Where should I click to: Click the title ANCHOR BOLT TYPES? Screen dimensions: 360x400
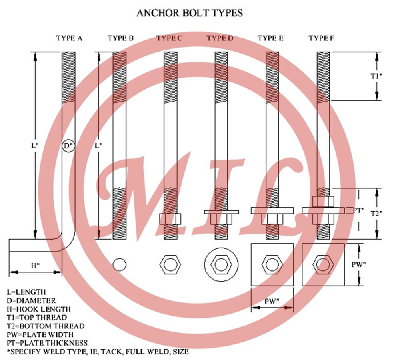click(x=189, y=13)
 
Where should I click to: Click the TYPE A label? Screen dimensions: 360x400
click(x=69, y=38)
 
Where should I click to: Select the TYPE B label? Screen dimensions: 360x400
click(x=120, y=38)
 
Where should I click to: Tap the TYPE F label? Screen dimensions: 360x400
click(x=321, y=38)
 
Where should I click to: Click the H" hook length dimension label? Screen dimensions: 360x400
click(x=35, y=265)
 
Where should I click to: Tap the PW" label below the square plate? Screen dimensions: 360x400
click(x=272, y=301)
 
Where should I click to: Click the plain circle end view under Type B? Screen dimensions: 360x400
click(x=120, y=264)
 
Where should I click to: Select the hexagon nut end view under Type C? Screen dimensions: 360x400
click(x=170, y=264)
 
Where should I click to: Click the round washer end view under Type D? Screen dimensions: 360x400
click(x=221, y=264)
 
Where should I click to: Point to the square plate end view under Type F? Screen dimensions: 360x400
click(x=323, y=264)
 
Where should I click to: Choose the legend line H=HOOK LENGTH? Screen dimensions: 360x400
click(x=39, y=309)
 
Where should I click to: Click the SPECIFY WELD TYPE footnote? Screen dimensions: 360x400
click(x=98, y=352)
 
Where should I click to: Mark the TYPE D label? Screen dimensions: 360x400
click(x=220, y=38)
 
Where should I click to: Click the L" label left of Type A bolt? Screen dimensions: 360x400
click(x=34, y=146)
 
